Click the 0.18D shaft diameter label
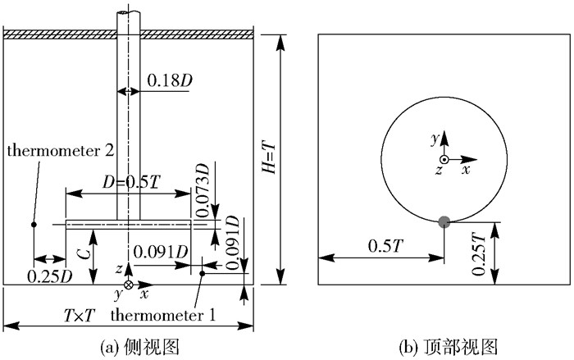pyautogui.click(x=171, y=80)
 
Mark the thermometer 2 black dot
pyautogui.click(x=33, y=223)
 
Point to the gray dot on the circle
pyautogui.click(x=444, y=221)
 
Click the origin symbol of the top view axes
pyautogui.click(x=444, y=158)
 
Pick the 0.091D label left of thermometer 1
pyautogui.click(x=161, y=250)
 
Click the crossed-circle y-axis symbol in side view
pyautogui.click(x=127, y=284)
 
